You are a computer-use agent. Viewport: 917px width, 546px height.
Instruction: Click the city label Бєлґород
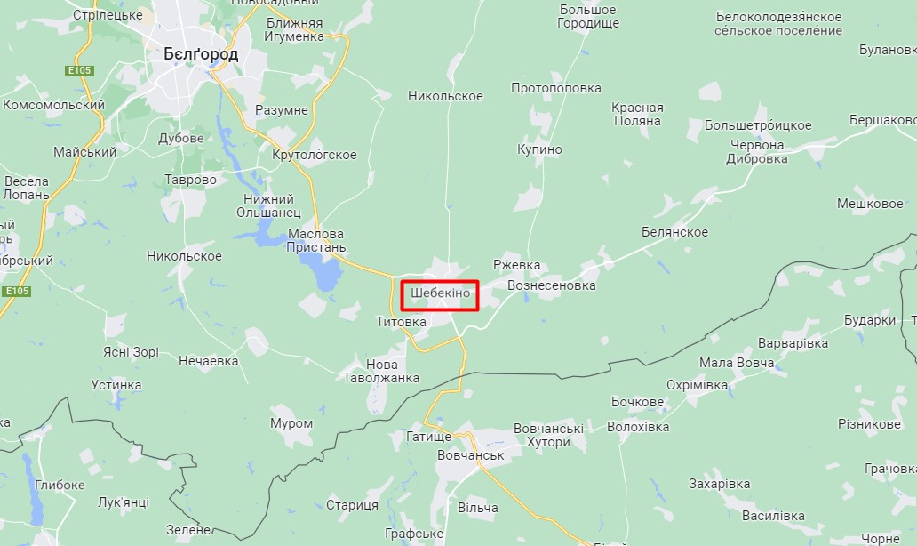coord(201,54)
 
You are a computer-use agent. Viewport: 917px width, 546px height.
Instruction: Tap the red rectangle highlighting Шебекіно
coord(440,295)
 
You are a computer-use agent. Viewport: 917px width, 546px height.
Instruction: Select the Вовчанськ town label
coord(470,455)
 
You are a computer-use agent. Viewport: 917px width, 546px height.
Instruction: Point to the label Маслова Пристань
coord(317,241)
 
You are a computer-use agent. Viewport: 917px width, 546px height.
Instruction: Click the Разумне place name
coord(282,110)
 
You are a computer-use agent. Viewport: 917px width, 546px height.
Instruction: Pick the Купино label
coord(539,149)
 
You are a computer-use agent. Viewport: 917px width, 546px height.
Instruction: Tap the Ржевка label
coord(517,265)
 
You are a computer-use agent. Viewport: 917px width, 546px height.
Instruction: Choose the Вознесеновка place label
coord(551,286)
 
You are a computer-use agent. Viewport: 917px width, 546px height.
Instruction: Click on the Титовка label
coord(401,322)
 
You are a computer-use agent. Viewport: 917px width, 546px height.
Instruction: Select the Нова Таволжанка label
coord(381,371)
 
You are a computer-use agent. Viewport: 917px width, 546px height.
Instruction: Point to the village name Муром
coord(291,423)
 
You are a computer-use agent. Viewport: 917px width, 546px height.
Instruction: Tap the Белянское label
coord(674,232)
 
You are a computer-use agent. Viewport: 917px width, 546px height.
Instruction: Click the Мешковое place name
coord(870,204)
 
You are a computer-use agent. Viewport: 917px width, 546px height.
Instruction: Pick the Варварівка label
coord(793,343)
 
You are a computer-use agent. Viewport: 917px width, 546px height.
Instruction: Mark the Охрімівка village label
coord(698,385)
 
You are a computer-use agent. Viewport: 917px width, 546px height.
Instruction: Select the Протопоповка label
coord(556,88)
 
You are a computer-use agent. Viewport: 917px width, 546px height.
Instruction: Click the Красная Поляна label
coord(637,114)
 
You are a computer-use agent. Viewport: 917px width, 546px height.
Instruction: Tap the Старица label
coord(352,505)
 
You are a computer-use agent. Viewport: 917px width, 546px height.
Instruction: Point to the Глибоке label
coord(60,485)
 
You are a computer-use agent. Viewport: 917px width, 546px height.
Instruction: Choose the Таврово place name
coord(190,180)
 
